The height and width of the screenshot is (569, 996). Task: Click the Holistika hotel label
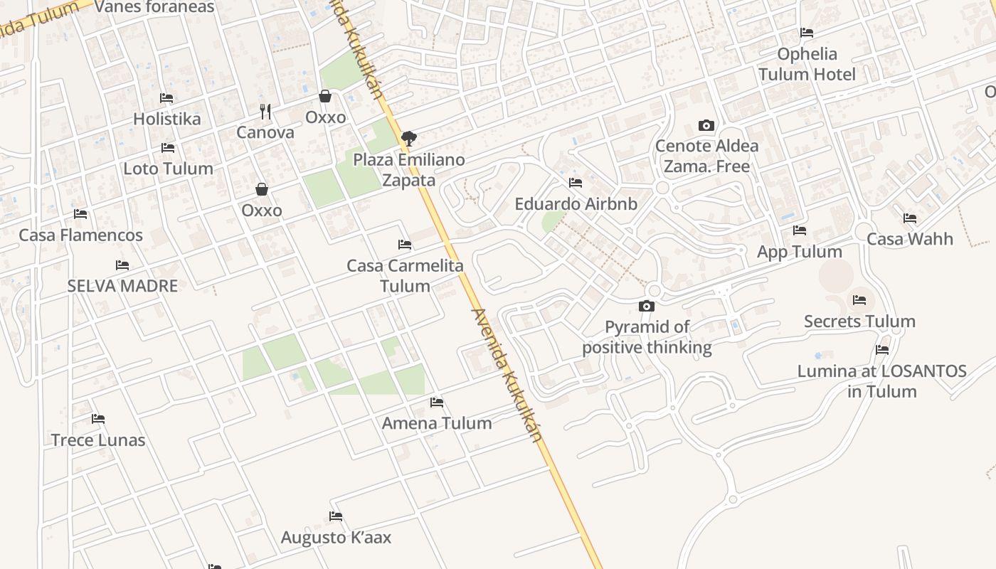[x=167, y=119]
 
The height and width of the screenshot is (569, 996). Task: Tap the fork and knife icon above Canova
[x=265, y=111]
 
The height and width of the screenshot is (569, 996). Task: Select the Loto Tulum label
[x=168, y=169]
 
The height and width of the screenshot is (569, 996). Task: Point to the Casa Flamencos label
[x=80, y=235]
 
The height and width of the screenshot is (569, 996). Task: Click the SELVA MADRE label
[x=122, y=286]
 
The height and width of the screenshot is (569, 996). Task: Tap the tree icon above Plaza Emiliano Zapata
[x=408, y=139]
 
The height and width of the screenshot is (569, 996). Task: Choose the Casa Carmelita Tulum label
[x=405, y=276]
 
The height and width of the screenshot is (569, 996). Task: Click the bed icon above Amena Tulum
[x=437, y=403]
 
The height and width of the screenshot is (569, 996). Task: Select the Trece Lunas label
[x=98, y=440]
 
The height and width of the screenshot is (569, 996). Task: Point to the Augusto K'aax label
[x=336, y=537]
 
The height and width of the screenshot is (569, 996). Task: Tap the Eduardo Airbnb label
[x=576, y=204]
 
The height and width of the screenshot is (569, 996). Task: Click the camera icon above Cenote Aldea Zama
[x=706, y=126]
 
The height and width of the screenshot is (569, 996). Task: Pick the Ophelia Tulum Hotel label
[x=807, y=64]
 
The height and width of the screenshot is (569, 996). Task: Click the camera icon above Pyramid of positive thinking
[x=646, y=307]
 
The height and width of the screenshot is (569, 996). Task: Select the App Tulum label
[x=800, y=252]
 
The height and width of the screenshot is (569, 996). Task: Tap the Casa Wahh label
[x=910, y=239]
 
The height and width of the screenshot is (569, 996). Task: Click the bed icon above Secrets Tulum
[x=859, y=300]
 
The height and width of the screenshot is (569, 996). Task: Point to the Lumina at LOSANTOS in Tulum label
[x=882, y=381]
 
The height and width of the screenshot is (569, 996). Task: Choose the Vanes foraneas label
[x=154, y=7]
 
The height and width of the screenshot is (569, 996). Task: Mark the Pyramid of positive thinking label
[x=647, y=337]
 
